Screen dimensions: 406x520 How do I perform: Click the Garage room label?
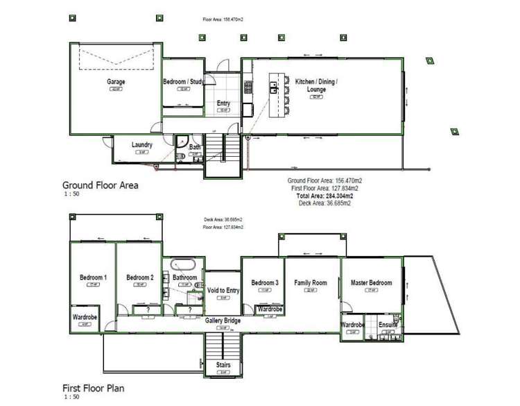coord(116,81)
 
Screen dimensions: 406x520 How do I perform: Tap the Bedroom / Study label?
coord(183,82)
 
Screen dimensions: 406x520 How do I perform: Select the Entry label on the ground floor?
coord(223,103)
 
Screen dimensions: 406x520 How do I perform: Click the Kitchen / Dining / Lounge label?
coord(316,85)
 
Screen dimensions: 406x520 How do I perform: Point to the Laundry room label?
coord(141,145)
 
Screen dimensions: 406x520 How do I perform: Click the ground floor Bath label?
coord(195,147)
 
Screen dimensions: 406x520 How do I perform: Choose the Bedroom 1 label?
coord(93,278)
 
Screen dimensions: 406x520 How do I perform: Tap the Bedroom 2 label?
coord(139,278)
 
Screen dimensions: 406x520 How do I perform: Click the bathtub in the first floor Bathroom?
coord(184,264)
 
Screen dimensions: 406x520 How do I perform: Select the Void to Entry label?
coord(223,290)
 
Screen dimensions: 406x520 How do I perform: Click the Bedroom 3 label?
coord(265,282)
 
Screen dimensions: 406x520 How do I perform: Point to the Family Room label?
coord(311,282)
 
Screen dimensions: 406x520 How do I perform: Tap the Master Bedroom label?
coord(371,282)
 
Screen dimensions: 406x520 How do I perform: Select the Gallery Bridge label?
coord(223,320)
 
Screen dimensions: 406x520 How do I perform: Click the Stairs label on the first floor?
coord(223,365)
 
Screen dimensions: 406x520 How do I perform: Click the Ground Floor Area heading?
coord(101,185)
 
